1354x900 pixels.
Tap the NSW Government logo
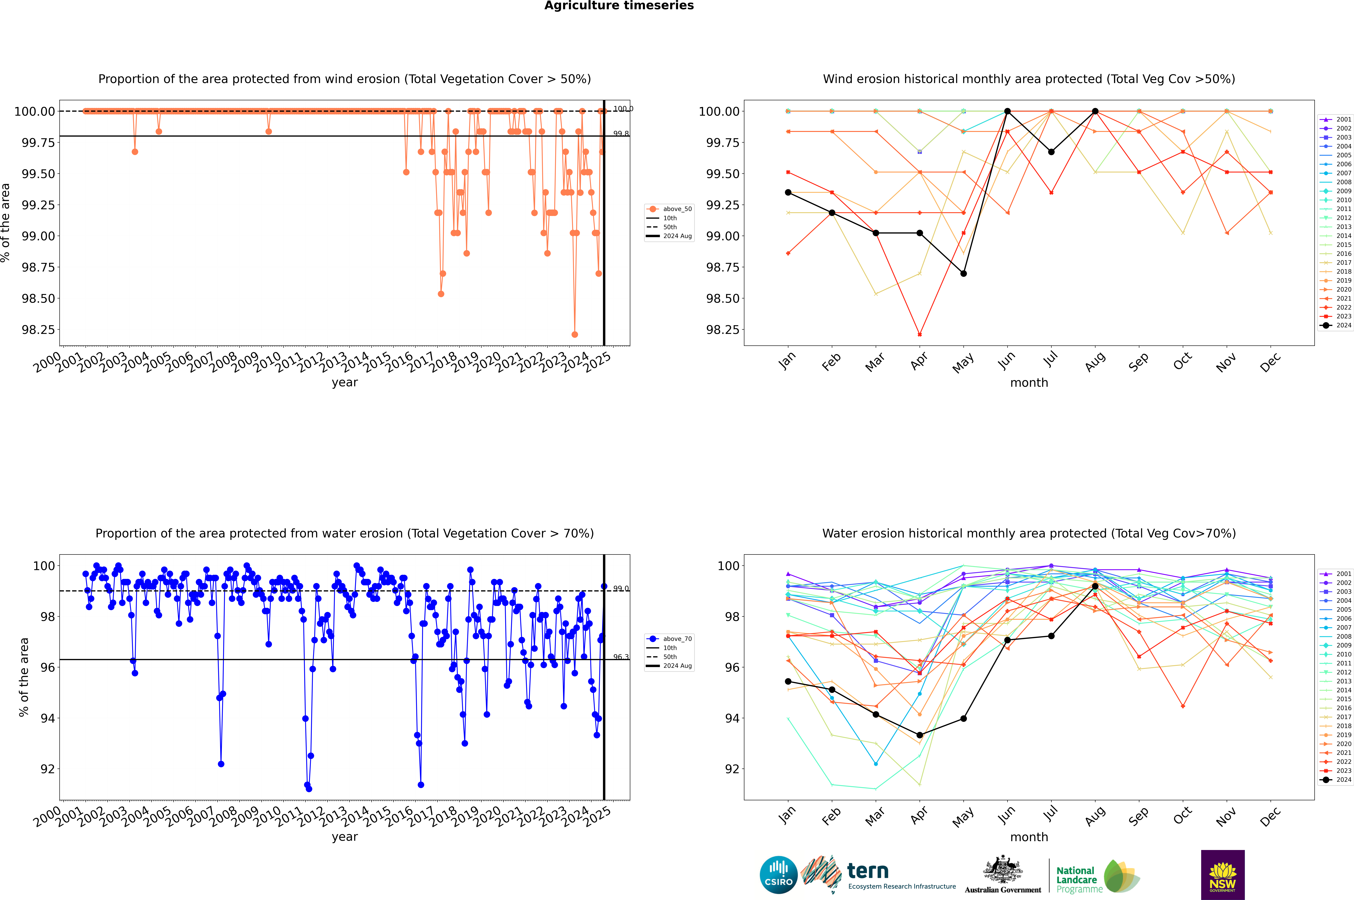(x=1223, y=875)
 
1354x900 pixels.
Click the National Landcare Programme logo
(x=1097, y=876)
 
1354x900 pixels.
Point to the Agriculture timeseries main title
(x=619, y=6)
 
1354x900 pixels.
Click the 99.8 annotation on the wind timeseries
(x=620, y=134)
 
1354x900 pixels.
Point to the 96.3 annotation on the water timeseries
(x=620, y=657)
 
